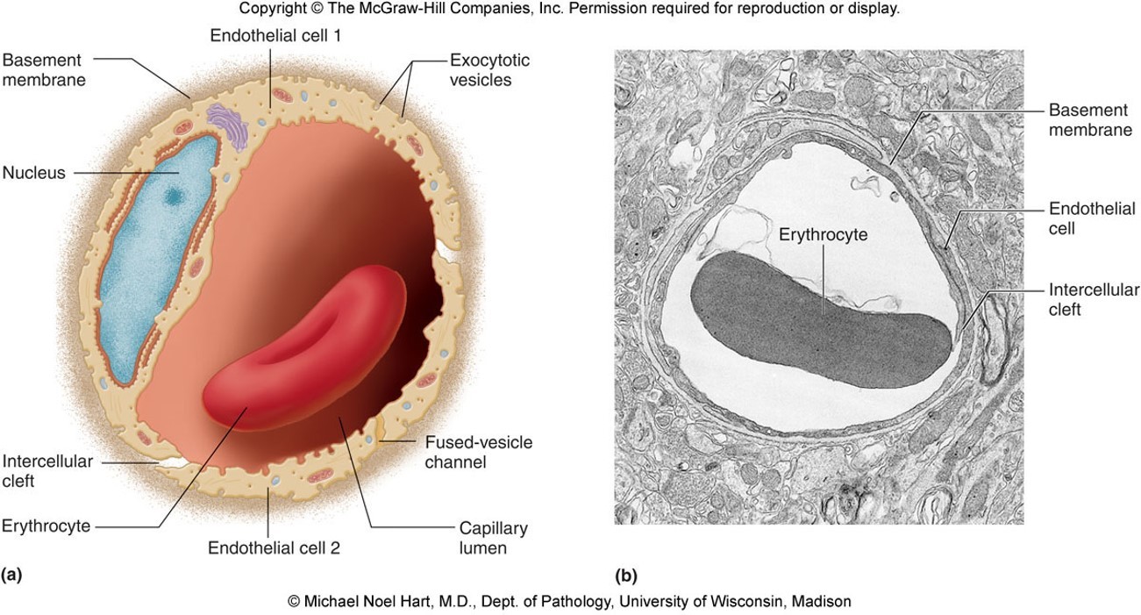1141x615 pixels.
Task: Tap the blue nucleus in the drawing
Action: click(x=158, y=254)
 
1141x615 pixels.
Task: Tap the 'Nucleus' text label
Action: click(x=33, y=173)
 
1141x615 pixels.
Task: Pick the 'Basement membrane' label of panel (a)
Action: click(x=44, y=70)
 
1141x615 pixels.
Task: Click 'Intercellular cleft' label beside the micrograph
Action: click(x=1094, y=299)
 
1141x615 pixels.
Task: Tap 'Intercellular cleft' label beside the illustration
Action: click(x=46, y=471)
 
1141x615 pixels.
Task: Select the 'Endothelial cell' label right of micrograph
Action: click(x=1092, y=218)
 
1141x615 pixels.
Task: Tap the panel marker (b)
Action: click(x=626, y=576)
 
